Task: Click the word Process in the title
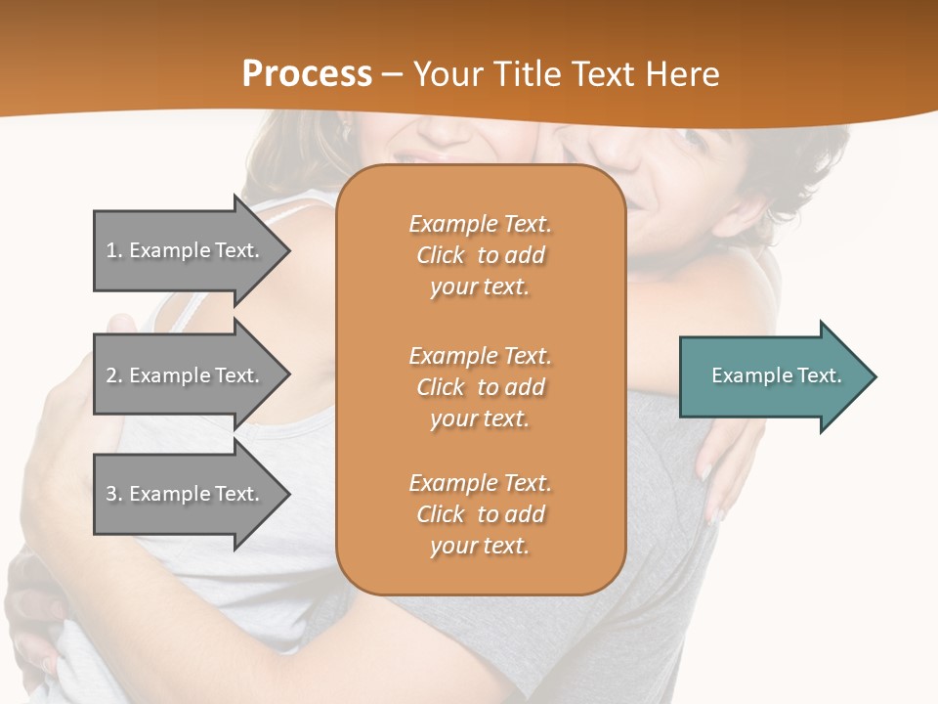tap(307, 74)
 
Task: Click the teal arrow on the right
tap(772, 375)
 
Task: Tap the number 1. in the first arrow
tap(113, 250)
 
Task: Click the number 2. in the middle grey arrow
tap(113, 375)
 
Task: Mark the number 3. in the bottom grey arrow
tap(113, 494)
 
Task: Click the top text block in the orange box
tap(480, 255)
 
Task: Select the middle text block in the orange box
tap(480, 387)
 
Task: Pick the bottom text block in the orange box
tap(480, 514)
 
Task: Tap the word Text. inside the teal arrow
tap(819, 375)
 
